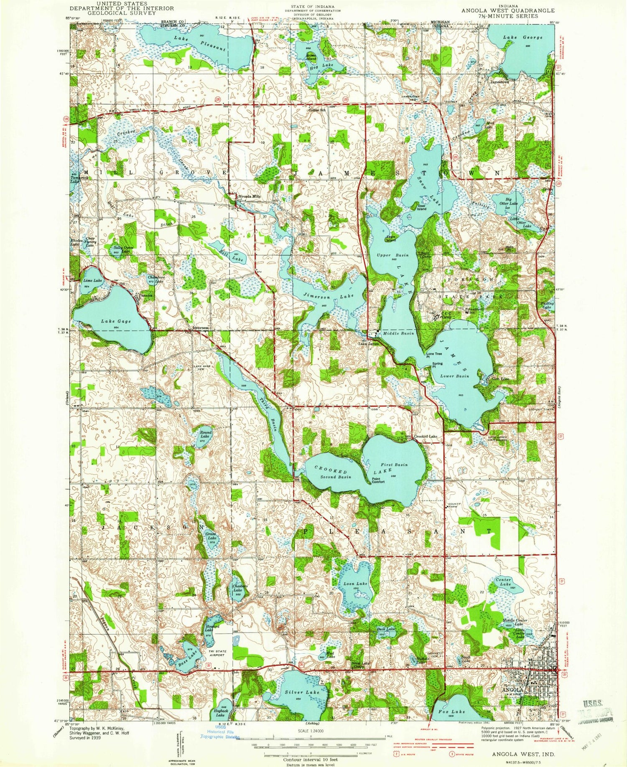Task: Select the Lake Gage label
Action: click(x=116, y=321)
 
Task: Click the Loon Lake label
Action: click(x=355, y=584)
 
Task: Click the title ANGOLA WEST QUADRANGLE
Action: click(x=508, y=10)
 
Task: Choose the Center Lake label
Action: click(x=503, y=582)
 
